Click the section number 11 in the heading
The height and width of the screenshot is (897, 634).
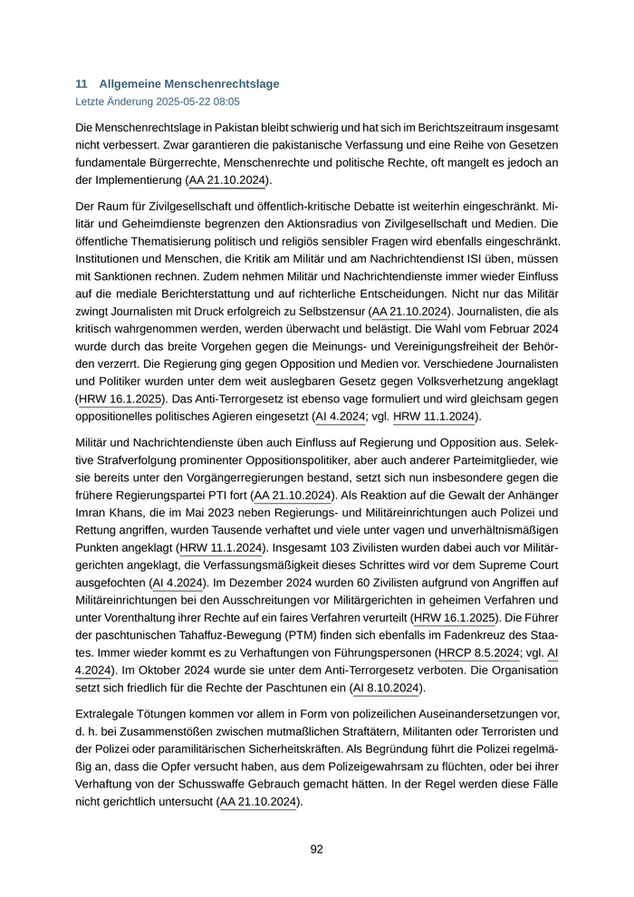click(x=81, y=83)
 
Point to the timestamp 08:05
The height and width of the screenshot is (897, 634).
click(x=226, y=101)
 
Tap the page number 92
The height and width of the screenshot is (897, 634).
click(x=316, y=849)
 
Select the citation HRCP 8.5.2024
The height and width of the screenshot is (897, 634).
click(x=479, y=652)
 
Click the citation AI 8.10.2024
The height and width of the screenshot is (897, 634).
click(x=386, y=688)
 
